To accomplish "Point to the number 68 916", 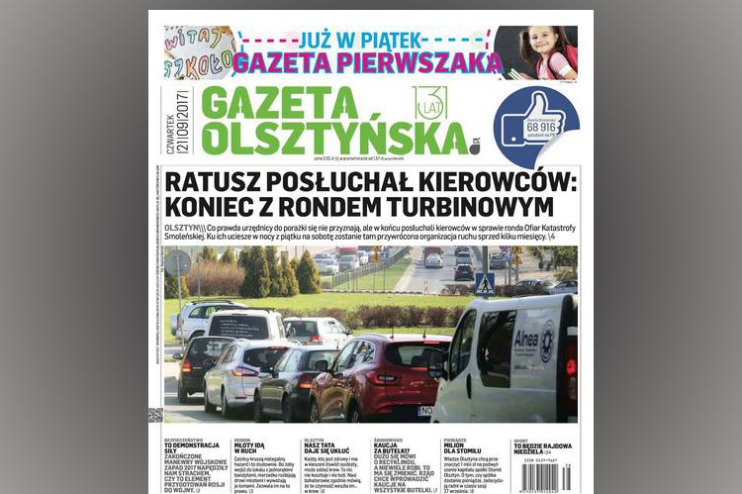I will [543, 127].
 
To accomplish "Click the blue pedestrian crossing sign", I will [485, 284].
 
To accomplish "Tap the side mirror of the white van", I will [437, 362].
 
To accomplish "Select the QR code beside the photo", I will [155, 414].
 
